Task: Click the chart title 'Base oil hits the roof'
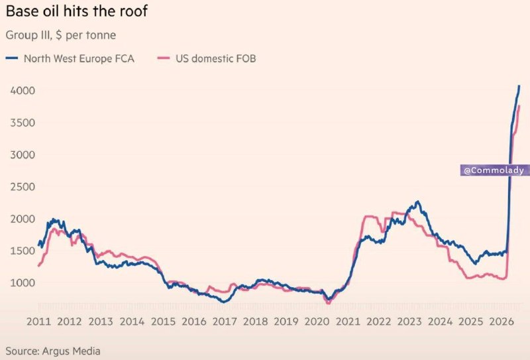77,11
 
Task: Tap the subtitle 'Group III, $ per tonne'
61,35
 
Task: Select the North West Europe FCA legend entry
70,58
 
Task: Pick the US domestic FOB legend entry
207,58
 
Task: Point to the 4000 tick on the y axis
23,90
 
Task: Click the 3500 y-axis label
23,123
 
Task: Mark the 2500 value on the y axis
23,186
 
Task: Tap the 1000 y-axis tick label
23,282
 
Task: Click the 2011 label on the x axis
38,322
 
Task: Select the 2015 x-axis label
163,322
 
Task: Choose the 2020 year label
317,322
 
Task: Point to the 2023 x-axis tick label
409,322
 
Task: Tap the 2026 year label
502,322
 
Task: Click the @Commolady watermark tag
494,170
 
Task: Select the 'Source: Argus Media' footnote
53,351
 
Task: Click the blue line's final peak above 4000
519,86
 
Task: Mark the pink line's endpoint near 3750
519,106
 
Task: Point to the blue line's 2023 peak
418,202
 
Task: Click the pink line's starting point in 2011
38,267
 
